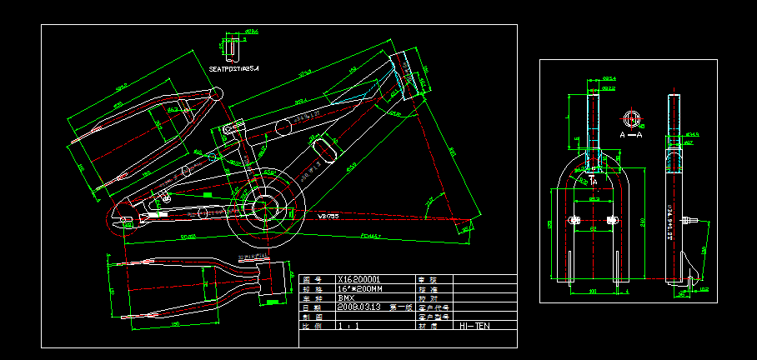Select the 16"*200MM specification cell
pos(359,288)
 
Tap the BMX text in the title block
pos(345,297)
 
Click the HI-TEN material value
pos(474,326)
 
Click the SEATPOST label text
pos(234,68)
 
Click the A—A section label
pos(630,133)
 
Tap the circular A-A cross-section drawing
pos(631,117)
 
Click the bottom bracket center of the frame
pos(265,204)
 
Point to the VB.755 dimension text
pos(328,216)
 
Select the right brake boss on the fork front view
pos(612,220)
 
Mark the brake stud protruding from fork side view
pos(689,220)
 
